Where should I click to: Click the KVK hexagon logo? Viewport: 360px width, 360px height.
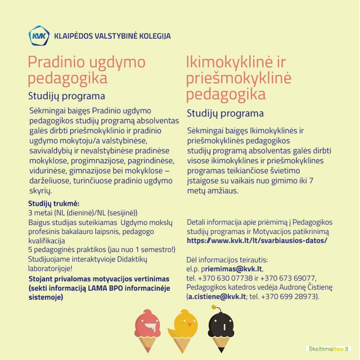click(x=39, y=36)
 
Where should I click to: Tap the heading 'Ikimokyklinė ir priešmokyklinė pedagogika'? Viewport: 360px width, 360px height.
click(x=238, y=78)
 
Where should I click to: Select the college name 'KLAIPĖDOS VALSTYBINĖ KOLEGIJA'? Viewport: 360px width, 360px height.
click(x=112, y=36)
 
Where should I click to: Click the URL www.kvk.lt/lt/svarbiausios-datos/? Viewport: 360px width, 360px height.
click(x=256, y=241)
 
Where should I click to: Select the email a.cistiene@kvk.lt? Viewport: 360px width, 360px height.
click(x=216, y=297)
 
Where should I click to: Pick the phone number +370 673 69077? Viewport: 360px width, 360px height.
click(x=288, y=278)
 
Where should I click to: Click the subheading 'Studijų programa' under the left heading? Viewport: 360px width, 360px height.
click(x=67, y=96)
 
